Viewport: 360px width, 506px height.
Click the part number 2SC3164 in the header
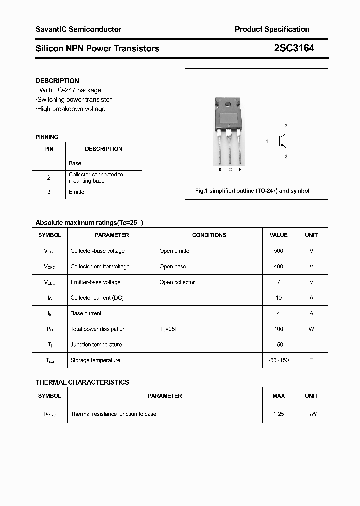click(x=294, y=48)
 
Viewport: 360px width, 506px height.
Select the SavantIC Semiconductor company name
click(x=78, y=29)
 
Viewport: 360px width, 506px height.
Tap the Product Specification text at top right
click(x=272, y=29)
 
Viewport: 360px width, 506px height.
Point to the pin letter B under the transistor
click(x=220, y=170)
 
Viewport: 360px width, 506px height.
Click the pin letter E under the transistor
click(x=240, y=170)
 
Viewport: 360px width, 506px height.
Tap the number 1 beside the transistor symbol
click(x=267, y=141)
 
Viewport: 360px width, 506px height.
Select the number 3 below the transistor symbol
click(x=286, y=157)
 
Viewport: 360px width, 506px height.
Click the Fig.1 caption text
click(x=252, y=191)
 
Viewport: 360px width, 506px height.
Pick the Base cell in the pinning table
click(x=75, y=163)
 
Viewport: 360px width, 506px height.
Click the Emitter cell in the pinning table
click(x=77, y=192)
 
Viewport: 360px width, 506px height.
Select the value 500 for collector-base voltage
click(x=278, y=251)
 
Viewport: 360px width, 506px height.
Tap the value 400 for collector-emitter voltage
click(x=278, y=266)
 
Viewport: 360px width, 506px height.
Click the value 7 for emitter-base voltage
click(x=278, y=282)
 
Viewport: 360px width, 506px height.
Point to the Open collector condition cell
click(x=177, y=282)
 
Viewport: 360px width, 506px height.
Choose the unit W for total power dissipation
click(x=311, y=329)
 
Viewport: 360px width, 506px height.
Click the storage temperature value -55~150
click(x=278, y=360)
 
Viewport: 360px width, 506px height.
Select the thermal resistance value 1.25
click(x=278, y=414)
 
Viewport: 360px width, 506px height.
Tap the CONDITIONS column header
click(x=209, y=235)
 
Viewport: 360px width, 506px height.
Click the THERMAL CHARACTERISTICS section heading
click(x=82, y=382)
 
